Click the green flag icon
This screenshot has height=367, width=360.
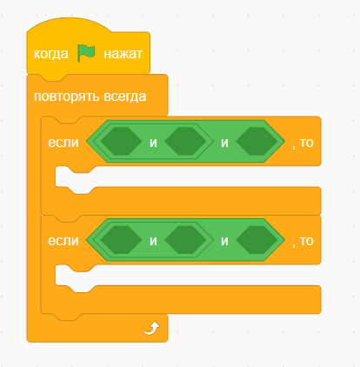(x=86, y=53)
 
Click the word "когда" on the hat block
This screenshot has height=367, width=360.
(x=51, y=54)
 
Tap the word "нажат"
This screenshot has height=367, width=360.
(x=123, y=54)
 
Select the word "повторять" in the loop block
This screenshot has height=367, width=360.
(x=67, y=97)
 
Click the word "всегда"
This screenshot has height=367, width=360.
(x=124, y=97)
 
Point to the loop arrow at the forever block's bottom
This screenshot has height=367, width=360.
(x=151, y=329)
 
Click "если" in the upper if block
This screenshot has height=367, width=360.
(x=63, y=143)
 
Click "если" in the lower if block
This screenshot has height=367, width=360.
(x=63, y=241)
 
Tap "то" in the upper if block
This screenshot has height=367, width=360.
(x=307, y=143)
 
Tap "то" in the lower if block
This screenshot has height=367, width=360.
(x=307, y=241)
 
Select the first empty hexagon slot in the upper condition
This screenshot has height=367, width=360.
(x=121, y=141)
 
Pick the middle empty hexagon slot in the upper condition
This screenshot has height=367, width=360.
(x=185, y=141)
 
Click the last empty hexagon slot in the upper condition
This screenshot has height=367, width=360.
(x=257, y=141)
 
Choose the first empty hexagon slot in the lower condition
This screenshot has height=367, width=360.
(x=121, y=240)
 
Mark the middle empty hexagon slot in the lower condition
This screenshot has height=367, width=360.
(x=185, y=240)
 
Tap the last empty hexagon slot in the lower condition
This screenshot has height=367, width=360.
(x=257, y=240)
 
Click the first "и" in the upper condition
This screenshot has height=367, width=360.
(x=153, y=143)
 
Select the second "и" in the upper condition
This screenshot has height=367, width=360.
(x=224, y=143)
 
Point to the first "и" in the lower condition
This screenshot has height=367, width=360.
(x=153, y=241)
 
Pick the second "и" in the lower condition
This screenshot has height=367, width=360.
(x=224, y=241)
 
